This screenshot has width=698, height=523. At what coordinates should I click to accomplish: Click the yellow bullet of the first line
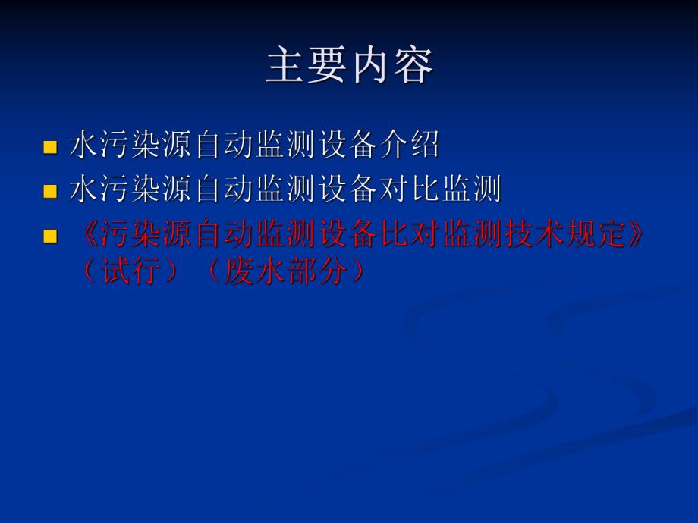pyautogui.click(x=50, y=146)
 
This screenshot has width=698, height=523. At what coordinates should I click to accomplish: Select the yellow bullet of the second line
pyautogui.click(x=50, y=191)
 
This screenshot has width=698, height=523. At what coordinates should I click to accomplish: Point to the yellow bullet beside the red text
pyautogui.click(x=50, y=236)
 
